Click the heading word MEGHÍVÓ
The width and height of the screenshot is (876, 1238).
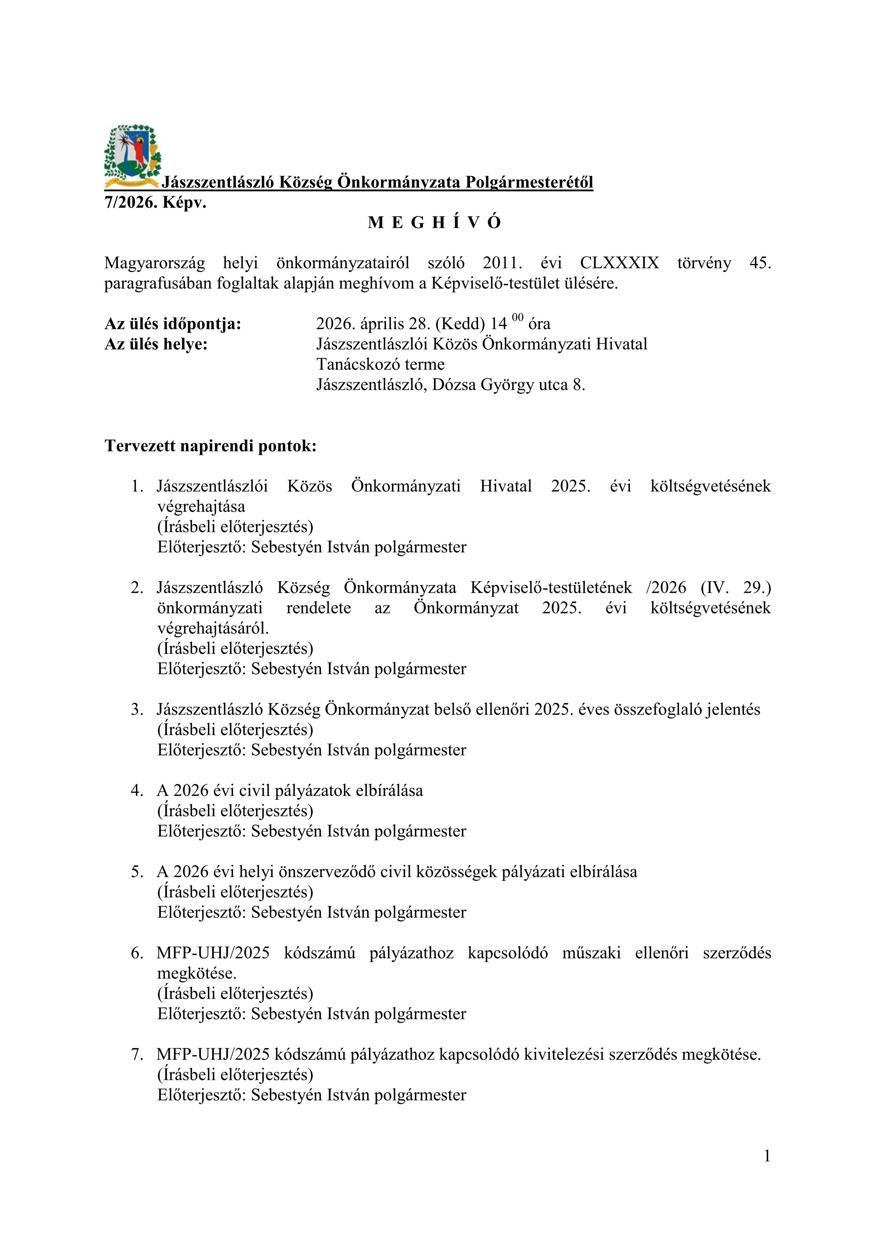pos(434,223)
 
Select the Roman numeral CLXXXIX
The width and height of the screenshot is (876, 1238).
pos(619,263)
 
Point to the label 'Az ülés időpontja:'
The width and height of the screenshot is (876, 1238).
pos(173,324)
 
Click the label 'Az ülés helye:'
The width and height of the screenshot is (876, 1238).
pos(156,344)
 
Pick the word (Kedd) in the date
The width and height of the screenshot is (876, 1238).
pos(460,324)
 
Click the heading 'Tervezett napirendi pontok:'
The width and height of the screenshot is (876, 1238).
pos(210,446)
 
